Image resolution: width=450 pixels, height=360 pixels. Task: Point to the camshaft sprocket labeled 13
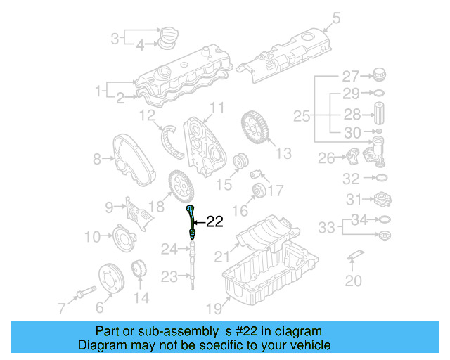click(x=255, y=128)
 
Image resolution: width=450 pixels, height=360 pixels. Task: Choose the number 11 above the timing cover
click(x=217, y=108)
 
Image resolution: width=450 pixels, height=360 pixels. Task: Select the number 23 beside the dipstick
click(x=169, y=277)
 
